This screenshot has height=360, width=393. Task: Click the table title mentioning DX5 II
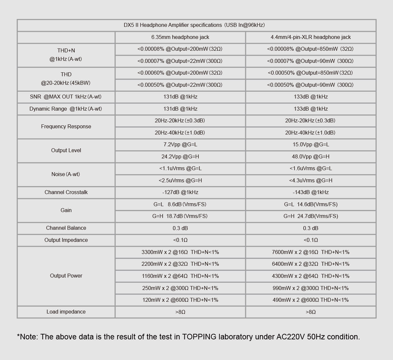coord(194,25)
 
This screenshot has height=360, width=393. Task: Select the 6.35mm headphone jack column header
coord(180,37)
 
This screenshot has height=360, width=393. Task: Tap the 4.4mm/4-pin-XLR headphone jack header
coord(310,37)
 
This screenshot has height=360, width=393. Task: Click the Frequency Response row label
coord(66,127)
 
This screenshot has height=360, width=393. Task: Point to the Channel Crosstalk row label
coord(66,192)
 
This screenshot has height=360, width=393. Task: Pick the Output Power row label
coord(66,276)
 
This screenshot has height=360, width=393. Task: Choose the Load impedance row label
coord(66,312)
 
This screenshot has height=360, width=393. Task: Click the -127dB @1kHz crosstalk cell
coord(180,192)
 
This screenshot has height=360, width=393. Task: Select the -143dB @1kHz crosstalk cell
coord(310,192)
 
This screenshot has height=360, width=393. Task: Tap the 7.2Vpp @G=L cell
coord(180,145)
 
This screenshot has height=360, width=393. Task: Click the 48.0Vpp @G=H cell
coord(310,157)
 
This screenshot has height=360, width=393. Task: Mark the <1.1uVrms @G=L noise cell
coord(180,169)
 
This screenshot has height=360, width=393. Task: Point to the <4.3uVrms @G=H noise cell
coord(310,181)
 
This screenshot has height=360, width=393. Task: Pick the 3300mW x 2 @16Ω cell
coord(180,252)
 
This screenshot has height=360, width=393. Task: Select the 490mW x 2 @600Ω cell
coord(310,300)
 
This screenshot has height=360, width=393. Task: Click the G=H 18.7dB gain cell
coord(180,216)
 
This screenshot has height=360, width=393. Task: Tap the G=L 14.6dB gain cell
coord(310,205)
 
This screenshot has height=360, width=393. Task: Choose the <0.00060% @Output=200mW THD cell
coord(180,73)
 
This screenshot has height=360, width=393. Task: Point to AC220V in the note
coord(290,337)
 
